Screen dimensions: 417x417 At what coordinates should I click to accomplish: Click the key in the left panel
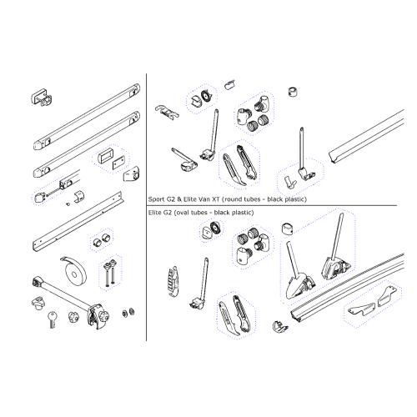[x=52, y=319]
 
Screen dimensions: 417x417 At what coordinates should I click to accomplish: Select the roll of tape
[x=73, y=273]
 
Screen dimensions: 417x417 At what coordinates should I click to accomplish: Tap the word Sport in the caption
[x=157, y=199]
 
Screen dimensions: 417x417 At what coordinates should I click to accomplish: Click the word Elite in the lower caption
[x=155, y=213]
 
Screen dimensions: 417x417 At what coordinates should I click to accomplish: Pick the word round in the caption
[x=233, y=199]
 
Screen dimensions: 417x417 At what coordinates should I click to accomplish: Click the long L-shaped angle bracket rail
[x=78, y=221]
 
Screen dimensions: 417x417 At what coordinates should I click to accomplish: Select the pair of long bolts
[x=109, y=273]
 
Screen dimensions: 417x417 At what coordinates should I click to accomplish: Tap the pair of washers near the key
[x=128, y=312]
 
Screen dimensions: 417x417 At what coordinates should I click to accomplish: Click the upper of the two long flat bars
[x=87, y=117]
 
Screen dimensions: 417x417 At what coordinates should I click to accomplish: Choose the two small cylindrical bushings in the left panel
[x=102, y=239]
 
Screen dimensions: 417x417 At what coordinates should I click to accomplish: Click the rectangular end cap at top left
[x=42, y=98]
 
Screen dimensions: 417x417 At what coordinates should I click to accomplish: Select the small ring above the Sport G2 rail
[x=293, y=92]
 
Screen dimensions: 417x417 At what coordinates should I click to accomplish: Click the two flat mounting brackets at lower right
[x=373, y=302]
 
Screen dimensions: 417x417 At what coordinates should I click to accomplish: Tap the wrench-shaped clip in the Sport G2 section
[x=167, y=113]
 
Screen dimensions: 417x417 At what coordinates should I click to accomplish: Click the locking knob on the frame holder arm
[x=104, y=316]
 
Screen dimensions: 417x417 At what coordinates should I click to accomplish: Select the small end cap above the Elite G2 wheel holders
[x=288, y=229]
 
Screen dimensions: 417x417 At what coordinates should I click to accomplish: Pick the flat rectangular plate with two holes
[x=118, y=163]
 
